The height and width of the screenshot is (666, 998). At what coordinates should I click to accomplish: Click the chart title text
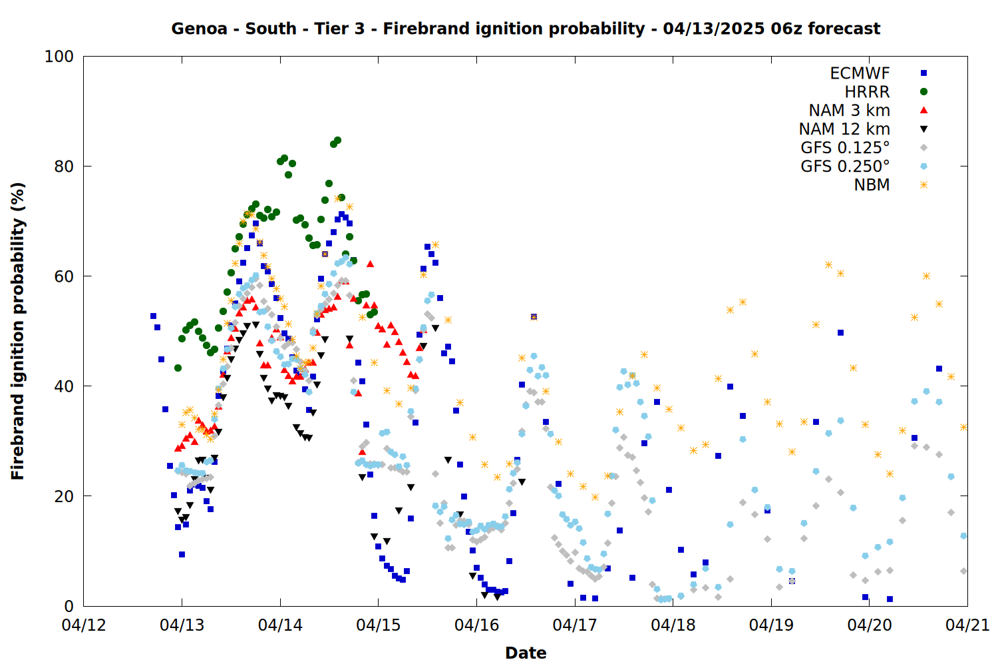click(x=526, y=29)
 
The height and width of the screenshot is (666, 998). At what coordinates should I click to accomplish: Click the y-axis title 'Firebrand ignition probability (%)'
click(x=17, y=331)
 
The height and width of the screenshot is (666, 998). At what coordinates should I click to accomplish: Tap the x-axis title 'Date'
click(x=526, y=653)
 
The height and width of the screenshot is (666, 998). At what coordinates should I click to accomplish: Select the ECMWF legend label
click(x=860, y=73)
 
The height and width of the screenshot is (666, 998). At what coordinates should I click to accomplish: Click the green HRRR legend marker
click(x=923, y=92)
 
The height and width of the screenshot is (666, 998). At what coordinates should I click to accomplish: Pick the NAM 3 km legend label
click(x=849, y=110)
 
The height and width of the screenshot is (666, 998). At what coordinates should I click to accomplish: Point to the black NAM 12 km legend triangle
click(x=923, y=129)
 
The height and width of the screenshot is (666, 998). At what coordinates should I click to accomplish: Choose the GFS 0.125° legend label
click(x=845, y=148)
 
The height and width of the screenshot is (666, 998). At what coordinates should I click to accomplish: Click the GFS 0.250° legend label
click(x=845, y=166)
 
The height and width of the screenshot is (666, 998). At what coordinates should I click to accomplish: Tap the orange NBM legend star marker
click(x=923, y=185)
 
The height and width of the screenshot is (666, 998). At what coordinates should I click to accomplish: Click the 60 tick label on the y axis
click(x=64, y=276)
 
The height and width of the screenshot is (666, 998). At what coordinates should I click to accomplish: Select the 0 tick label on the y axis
click(x=69, y=606)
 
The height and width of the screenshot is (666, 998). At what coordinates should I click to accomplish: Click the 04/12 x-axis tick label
click(x=84, y=625)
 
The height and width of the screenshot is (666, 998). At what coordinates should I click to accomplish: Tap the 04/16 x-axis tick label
click(x=477, y=625)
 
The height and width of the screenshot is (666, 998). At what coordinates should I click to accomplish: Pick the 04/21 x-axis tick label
click(x=967, y=625)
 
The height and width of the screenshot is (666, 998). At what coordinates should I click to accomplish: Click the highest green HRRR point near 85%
click(x=337, y=141)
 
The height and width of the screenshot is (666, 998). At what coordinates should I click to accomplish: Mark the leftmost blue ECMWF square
click(x=153, y=316)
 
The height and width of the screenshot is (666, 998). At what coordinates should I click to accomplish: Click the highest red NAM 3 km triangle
click(x=370, y=264)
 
